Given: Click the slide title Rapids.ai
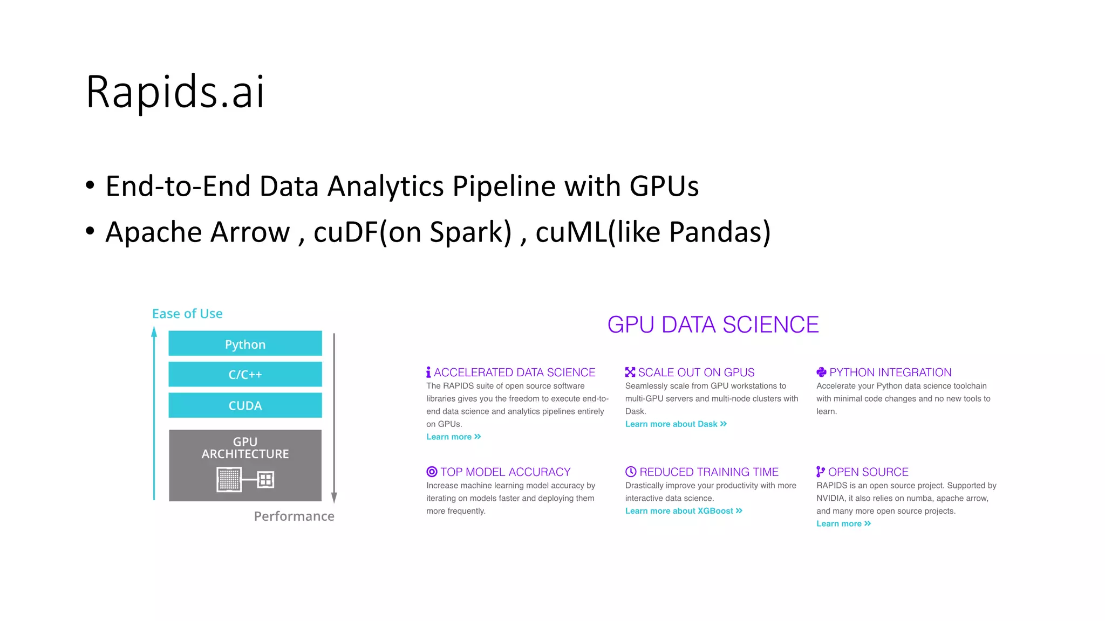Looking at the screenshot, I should click(175, 92).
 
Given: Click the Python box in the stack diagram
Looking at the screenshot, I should click(245, 344).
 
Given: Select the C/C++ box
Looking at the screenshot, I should click(245, 374).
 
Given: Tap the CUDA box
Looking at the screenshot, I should click(245, 405).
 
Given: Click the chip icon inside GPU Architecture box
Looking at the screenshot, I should click(229, 479).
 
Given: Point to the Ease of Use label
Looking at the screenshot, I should click(187, 314).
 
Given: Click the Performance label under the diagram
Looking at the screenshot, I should click(294, 516).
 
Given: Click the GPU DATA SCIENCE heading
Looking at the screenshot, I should click(713, 325).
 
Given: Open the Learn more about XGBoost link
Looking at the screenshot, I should click(683, 511).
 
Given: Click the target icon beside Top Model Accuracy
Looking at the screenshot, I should click(432, 472).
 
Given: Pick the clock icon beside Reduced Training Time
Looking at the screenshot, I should click(631, 472).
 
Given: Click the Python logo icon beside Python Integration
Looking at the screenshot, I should click(821, 372).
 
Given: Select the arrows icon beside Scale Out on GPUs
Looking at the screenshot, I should click(630, 372).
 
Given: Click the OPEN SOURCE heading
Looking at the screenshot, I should click(868, 472).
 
